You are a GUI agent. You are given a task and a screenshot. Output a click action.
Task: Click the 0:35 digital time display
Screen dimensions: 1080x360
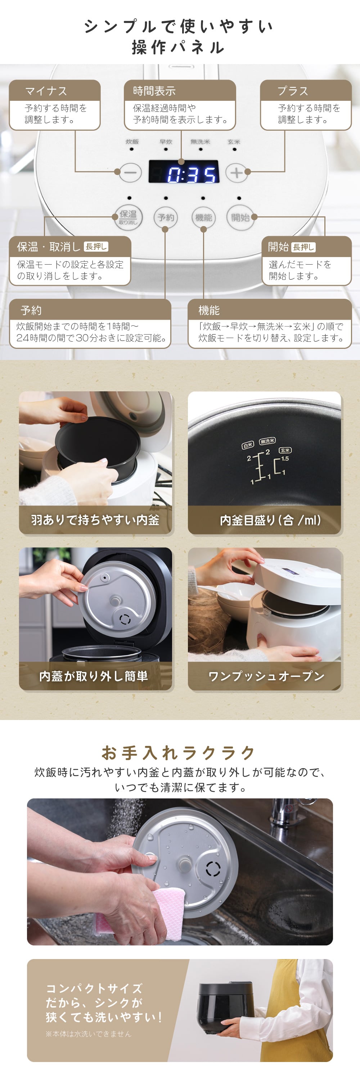184,172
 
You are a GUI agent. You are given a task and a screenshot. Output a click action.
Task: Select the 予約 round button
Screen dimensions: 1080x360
166,217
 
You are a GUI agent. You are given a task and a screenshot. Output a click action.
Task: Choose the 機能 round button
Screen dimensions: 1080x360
203,217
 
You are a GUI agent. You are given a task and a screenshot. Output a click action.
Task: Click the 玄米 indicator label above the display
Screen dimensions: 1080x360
234,142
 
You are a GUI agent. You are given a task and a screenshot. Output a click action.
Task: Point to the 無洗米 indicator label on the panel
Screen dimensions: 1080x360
200,142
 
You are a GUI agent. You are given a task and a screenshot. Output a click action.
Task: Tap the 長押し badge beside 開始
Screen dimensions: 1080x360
303,247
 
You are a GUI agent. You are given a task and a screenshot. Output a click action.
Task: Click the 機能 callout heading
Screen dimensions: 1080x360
209,310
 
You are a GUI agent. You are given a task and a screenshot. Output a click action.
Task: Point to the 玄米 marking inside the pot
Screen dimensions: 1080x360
285,450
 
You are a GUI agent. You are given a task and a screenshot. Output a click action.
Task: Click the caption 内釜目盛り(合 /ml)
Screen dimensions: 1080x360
270,520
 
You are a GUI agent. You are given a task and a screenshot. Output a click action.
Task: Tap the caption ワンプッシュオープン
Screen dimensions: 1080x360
266,676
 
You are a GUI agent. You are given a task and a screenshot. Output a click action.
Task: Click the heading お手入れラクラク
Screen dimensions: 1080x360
179,752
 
